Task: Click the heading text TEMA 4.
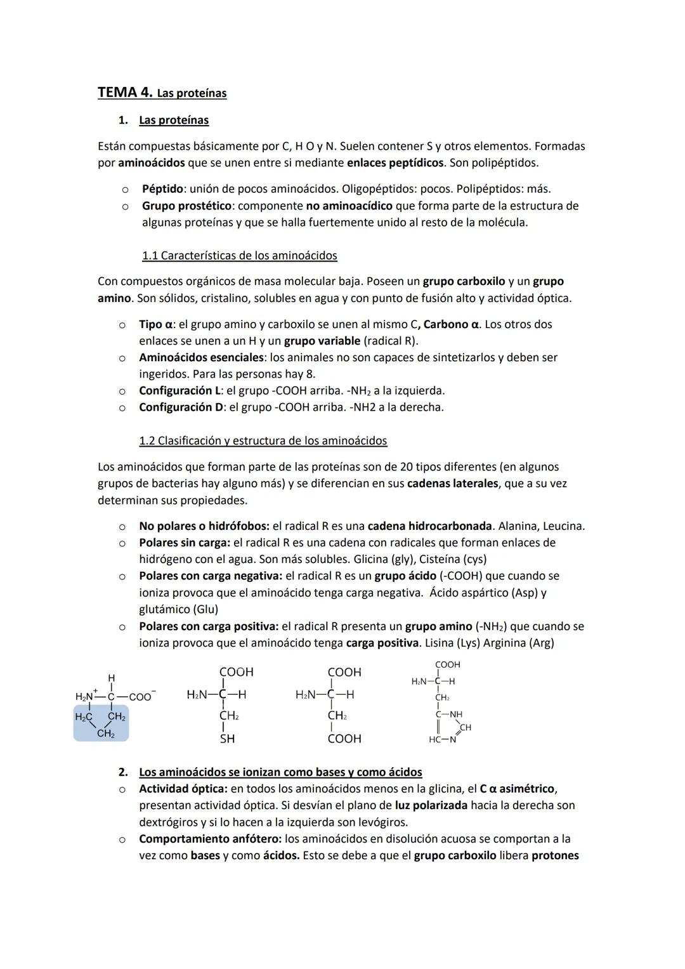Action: coord(125,93)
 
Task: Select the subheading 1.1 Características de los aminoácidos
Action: coord(239,256)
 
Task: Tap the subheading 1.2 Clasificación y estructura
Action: coord(263,440)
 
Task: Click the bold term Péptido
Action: coord(162,189)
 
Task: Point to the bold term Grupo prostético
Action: coord(186,206)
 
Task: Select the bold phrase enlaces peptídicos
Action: coord(395,162)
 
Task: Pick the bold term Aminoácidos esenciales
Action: coord(201,357)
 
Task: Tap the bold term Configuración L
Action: coord(180,390)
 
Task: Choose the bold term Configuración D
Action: coord(181,407)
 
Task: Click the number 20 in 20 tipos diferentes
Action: coord(407,467)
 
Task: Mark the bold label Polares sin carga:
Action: coord(185,543)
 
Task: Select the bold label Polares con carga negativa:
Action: coord(211,576)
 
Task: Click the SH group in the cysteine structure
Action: coord(227,739)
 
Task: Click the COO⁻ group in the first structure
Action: coord(141,697)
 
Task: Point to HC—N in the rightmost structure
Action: coord(443,740)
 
